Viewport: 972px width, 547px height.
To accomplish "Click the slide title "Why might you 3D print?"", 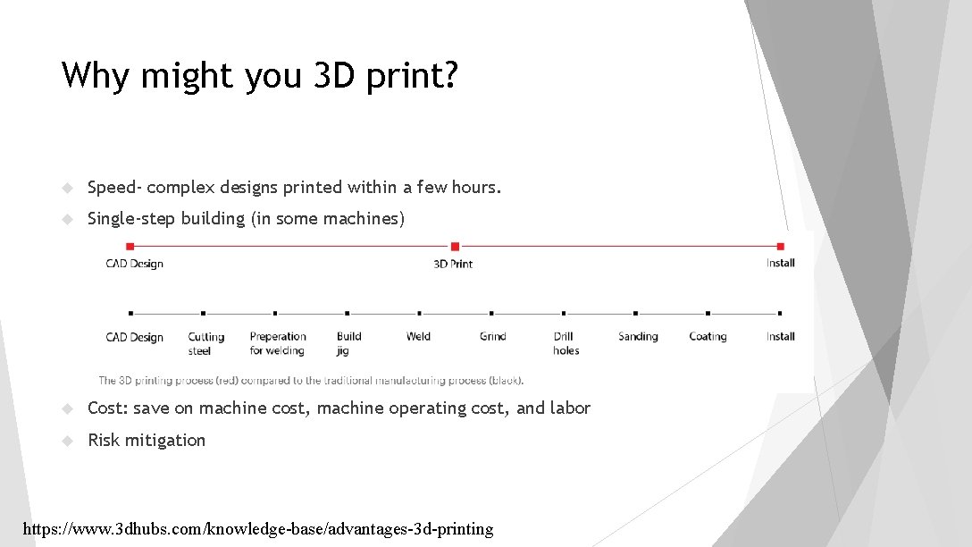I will pyautogui.click(x=259, y=76).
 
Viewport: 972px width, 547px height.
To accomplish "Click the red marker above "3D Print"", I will pyautogui.click(x=455, y=246).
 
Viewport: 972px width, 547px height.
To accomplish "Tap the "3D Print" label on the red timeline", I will pyautogui.click(x=453, y=264).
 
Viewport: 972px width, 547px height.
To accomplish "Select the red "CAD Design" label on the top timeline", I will pyautogui.click(x=134, y=264).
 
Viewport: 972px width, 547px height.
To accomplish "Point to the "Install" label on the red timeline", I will pyautogui.click(x=780, y=263).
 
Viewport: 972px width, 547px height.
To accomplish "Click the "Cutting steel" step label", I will pyautogui.click(x=205, y=343).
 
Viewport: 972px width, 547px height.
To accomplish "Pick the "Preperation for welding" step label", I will pyautogui.click(x=278, y=343).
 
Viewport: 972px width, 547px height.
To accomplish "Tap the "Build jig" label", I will pyautogui.click(x=348, y=343).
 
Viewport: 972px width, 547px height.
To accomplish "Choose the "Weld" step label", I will pyautogui.click(x=418, y=337).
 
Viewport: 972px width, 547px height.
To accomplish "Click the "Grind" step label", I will pyautogui.click(x=492, y=337).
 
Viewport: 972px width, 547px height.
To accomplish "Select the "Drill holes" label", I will pyautogui.click(x=566, y=343).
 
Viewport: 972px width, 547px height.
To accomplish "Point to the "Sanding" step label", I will pyautogui.click(x=638, y=337).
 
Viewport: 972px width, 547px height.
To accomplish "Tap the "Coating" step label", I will pyautogui.click(x=708, y=337).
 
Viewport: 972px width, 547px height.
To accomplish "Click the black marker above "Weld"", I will pyautogui.click(x=419, y=314).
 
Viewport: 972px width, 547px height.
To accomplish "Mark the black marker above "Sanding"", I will pyautogui.click(x=636, y=314).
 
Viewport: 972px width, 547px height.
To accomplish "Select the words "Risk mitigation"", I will pyautogui.click(x=147, y=440).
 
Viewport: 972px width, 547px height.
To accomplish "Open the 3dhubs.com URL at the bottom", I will pyautogui.click(x=257, y=529).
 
